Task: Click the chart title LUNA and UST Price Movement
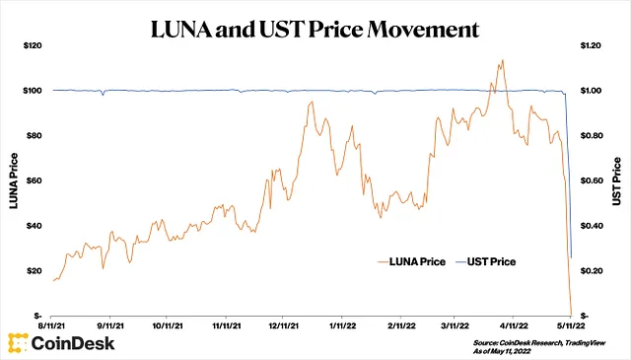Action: (315, 29)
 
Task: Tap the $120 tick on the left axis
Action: (33, 45)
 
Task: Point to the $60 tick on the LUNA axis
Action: (34, 180)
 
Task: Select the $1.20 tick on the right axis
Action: (591, 45)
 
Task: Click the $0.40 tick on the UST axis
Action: (592, 226)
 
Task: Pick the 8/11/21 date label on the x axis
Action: (51, 325)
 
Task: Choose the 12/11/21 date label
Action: (283, 325)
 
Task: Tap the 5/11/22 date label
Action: (570, 325)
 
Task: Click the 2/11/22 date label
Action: (401, 325)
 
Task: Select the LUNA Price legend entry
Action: (412, 261)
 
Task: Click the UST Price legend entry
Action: (486, 261)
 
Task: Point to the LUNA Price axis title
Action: (14, 180)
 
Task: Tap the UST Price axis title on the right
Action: (616, 181)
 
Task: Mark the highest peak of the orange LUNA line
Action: (503, 60)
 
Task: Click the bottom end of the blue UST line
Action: (572, 257)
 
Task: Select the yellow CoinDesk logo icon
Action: (18, 343)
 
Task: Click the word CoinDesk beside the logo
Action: (73, 343)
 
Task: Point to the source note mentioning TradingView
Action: (539, 342)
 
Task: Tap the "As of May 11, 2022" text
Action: (502, 351)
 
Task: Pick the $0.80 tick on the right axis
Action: (592, 135)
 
